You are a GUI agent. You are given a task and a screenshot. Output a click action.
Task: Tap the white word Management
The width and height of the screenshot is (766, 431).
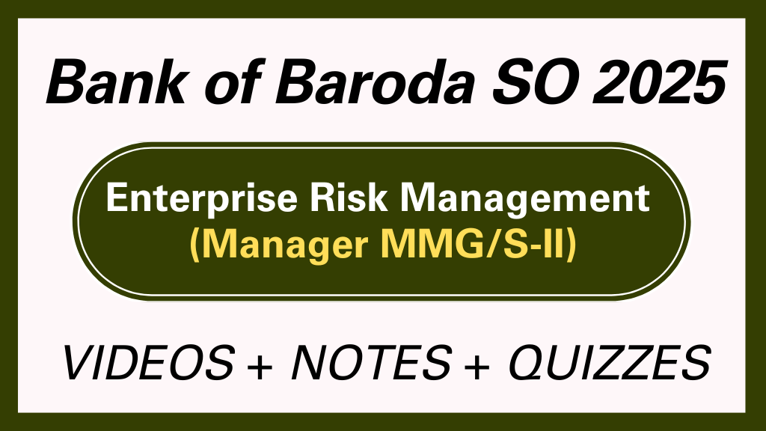(x=521, y=200)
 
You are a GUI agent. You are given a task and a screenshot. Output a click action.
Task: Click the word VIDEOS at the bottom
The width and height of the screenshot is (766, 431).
(x=147, y=364)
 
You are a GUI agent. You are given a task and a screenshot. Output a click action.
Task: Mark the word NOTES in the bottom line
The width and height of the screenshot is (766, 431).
(x=371, y=364)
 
